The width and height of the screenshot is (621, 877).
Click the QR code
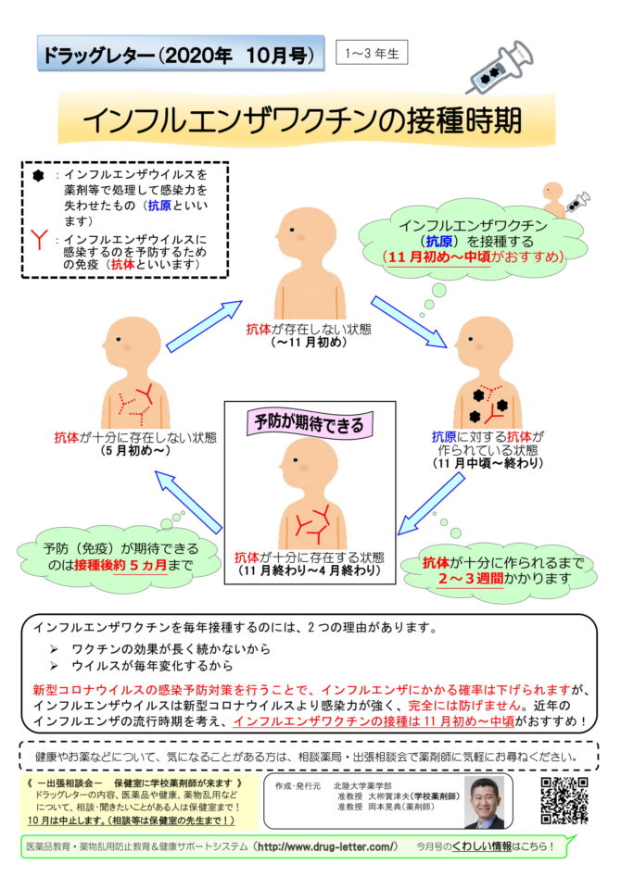click(x=564, y=800)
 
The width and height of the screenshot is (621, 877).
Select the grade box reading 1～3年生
click(x=372, y=53)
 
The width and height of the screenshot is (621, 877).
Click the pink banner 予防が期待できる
click(x=310, y=423)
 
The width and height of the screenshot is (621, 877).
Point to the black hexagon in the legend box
click(x=38, y=176)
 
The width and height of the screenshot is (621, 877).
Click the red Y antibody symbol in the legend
click(x=39, y=239)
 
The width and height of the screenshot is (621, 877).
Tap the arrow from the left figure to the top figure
click(x=205, y=327)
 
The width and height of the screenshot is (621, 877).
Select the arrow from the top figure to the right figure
click(x=409, y=321)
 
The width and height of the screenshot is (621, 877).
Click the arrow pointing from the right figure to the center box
click(x=431, y=504)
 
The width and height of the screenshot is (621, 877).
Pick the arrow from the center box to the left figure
click(x=189, y=501)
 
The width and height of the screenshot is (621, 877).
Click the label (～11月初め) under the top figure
click(x=309, y=342)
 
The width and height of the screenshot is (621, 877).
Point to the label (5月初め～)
click(x=135, y=451)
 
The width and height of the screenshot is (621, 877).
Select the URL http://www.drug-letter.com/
click(x=327, y=846)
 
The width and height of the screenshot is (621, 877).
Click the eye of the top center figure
click(x=292, y=230)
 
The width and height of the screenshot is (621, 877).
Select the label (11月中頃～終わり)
click(x=488, y=463)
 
